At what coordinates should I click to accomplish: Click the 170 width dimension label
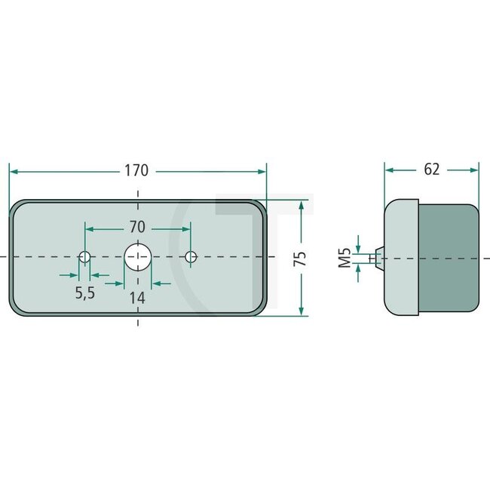pyautogui.click(x=136, y=170)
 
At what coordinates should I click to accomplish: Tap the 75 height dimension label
pyautogui.click(x=300, y=259)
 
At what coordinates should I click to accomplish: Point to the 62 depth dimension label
pyautogui.click(x=431, y=170)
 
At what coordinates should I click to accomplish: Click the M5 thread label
pyautogui.click(x=344, y=258)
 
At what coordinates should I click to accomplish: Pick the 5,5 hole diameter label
pyautogui.click(x=85, y=293)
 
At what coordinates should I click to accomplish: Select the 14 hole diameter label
pyautogui.click(x=136, y=297)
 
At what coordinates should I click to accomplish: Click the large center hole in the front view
pyautogui.click(x=137, y=257)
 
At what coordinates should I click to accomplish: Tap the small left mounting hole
pyautogui.click(x=85, y=257)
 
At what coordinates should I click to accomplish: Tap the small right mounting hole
pyautogui.click(x=191, y=257)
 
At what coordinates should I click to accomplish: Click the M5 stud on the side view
pyautogui.click(x=377, y=257)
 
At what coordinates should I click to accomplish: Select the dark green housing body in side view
pyautogui.click(x=449, y=257)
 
